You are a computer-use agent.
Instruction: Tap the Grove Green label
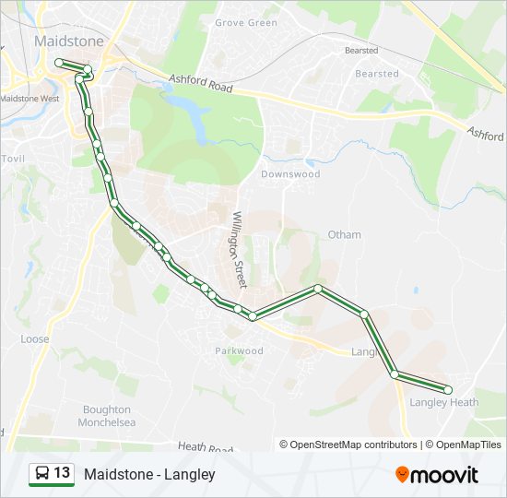tap(245, 23)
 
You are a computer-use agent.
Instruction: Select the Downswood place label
tap(289, 173)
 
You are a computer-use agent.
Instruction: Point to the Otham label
tap(344, 234)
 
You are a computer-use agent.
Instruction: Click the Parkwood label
tap(239, 350)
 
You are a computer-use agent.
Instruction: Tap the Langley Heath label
tap(443, 402)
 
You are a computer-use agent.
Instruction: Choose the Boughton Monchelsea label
tap(109, 416)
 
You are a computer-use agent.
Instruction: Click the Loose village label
tap(35, 339)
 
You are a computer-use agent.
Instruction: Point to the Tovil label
tap(14, 160)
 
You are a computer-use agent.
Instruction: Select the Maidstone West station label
tap(29, 98)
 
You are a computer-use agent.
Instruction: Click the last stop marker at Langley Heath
tap(448, 389)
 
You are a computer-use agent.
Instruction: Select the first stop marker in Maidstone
tap(58, 62)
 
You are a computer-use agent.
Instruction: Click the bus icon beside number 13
tap(41, 474)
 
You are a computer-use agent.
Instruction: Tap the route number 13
tap(62, 473)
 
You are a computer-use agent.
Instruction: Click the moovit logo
tap(437, 475)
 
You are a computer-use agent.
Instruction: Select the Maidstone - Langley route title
tap(149, 474)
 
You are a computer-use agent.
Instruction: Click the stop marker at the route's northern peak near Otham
tap(318, 289)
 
